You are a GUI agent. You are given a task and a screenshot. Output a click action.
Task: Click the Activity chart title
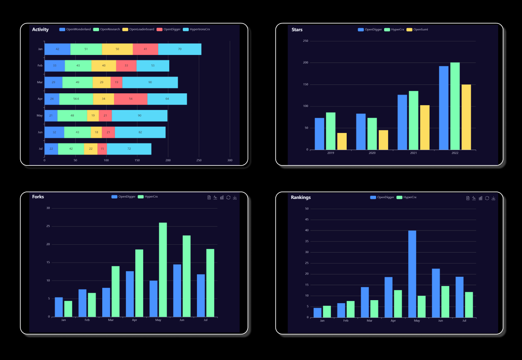point(40,29)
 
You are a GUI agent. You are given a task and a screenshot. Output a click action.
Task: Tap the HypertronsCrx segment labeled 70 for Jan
point(180,49)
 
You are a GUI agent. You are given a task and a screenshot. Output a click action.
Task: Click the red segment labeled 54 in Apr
point(130,99)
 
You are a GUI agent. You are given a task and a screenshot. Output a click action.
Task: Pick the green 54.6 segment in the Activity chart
point(76,99)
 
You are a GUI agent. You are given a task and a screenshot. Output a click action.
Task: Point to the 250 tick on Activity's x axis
point(199,160)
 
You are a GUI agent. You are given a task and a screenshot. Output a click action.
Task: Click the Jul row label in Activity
point(41,149)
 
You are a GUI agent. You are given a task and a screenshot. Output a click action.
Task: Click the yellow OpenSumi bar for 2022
point(466,117)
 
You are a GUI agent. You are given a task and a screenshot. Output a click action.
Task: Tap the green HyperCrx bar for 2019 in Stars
point(331,131)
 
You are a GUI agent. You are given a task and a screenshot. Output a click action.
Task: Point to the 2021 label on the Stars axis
point(413,153)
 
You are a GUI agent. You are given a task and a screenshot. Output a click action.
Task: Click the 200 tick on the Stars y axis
point(305,62)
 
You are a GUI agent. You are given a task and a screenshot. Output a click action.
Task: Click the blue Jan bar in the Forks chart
point(59,307)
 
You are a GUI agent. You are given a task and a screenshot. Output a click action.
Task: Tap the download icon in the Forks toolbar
point(235,198)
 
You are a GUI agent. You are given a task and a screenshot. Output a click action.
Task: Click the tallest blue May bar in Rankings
point(412,274)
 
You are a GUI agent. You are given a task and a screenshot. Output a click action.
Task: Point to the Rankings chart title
point(301,197)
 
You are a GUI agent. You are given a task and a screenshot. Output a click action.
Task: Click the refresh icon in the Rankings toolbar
point(487,198)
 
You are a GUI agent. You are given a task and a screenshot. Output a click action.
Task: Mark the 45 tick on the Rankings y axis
point(306,220)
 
